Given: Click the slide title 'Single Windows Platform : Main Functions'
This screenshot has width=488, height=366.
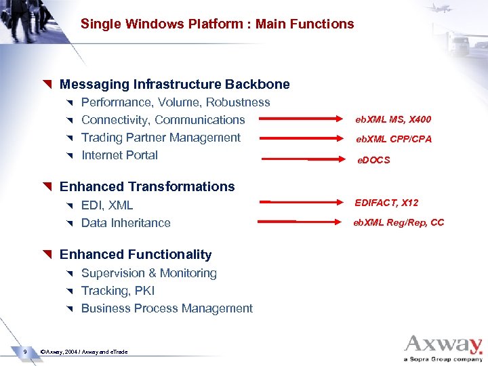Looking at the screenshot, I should [x=217, y=24].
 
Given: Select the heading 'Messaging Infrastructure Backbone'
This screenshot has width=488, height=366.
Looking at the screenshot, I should [x=174, y=85].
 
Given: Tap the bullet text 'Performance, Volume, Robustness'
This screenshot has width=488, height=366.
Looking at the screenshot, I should [x=176, y=102].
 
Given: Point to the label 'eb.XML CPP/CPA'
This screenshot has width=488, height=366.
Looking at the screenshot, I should [x=394, y=139].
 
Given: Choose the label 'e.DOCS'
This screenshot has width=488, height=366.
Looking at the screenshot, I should [x=374, y=161].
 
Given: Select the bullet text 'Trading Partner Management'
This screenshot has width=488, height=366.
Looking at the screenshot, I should [x=161, y=138].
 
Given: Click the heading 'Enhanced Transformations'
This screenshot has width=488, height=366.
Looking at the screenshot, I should [x=147, y=186].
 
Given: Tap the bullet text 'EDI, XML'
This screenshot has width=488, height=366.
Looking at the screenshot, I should [x=107, y=205].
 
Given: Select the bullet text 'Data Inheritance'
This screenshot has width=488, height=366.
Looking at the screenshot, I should [x=125, y=223].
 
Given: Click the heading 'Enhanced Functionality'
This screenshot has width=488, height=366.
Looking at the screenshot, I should [x=136, y=255].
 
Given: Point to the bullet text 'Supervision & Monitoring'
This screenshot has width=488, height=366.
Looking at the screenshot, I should [x=148, y=273].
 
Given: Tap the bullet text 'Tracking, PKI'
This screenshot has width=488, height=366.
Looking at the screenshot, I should [x=118, y=291].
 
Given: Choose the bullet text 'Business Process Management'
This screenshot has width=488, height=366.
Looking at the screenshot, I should [x=167, y=308].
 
